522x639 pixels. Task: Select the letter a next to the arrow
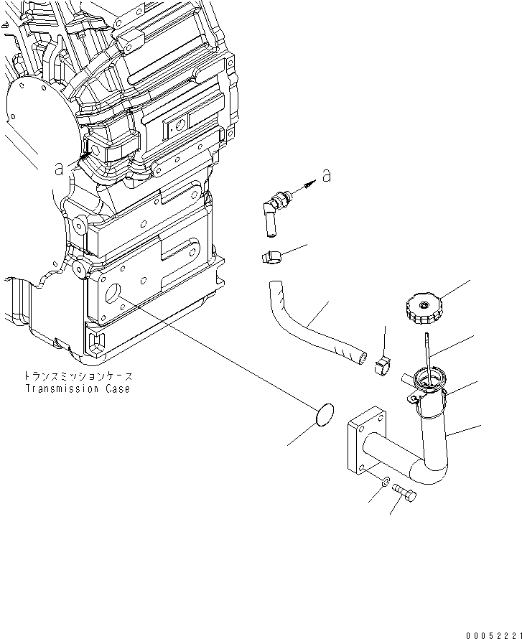[327, 175]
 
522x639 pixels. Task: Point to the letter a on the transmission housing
[60, 169]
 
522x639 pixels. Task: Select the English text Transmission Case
[78, 389]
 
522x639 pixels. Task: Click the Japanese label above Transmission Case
[78, 376]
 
